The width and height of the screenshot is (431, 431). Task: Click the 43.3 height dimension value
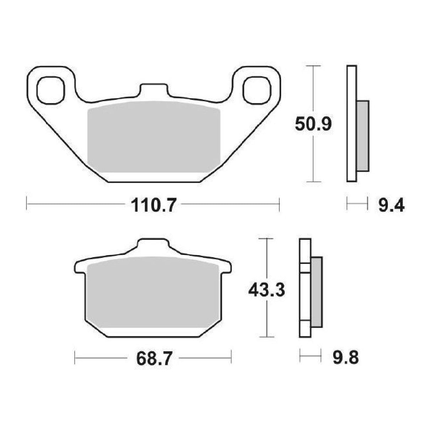pyautogui.click(x=266, y=290)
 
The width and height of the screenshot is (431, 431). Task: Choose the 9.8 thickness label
pyautogui.click(x=345, y=358)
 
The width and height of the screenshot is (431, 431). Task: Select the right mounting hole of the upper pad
pyautogui.click(x=257, y=90)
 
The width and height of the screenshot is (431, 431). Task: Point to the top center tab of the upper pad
pyautogui.click(x=153, y=89)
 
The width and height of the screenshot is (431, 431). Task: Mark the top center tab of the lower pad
pyautogui.click(x=153, y=245)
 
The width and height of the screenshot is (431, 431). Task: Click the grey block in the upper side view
pyautogui.click(x=362, y=136)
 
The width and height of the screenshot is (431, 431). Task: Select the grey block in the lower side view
pyautogui.click(x=317, y=292)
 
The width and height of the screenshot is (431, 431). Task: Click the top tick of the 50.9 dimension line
pyautogui.click(x=313, y=66)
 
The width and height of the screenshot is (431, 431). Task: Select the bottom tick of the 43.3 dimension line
pyautogui.click(x=266, y=337)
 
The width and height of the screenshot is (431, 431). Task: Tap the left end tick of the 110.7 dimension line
pyautogui.click(x=27, y=204)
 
